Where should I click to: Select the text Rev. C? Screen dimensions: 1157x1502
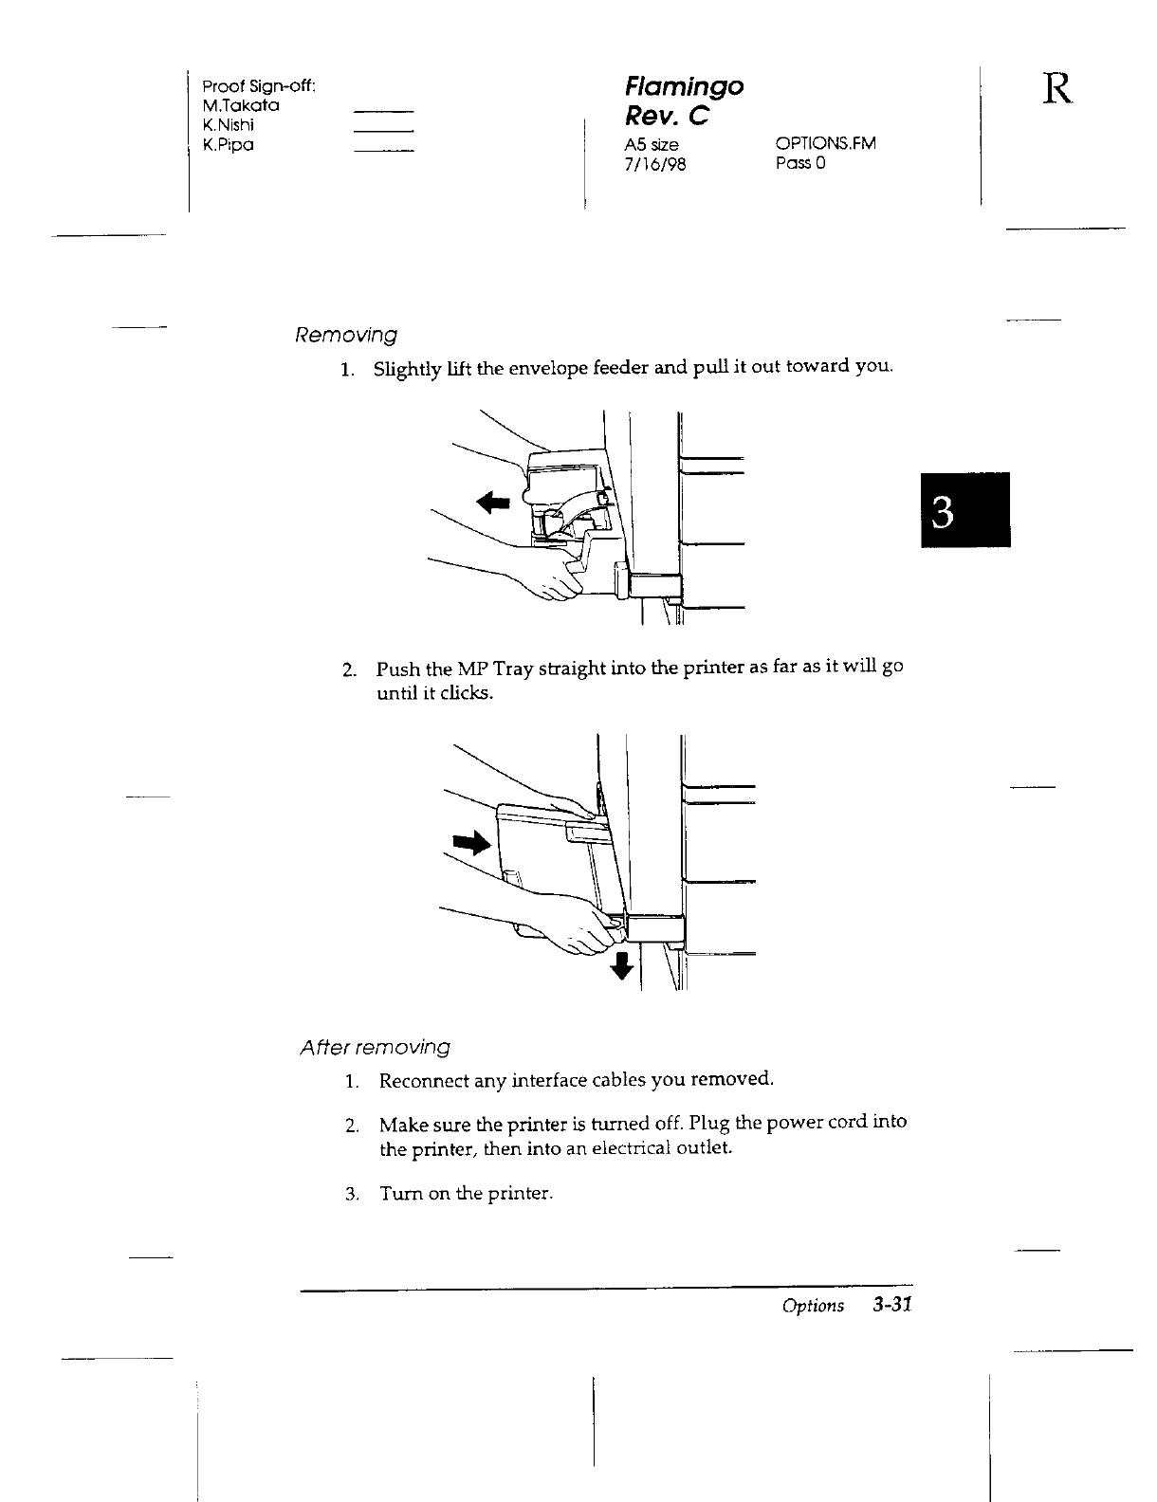pos(668,117)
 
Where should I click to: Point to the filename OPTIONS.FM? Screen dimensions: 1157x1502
pos(825,144)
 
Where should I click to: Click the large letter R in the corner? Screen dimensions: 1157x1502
pos(1058,90)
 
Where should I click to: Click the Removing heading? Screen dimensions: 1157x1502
pos(346,336)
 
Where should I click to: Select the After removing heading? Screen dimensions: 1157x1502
pos(375,1048)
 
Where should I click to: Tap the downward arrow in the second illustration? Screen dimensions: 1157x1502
pos(621,966)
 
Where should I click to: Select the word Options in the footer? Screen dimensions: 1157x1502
pos(813,1307)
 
